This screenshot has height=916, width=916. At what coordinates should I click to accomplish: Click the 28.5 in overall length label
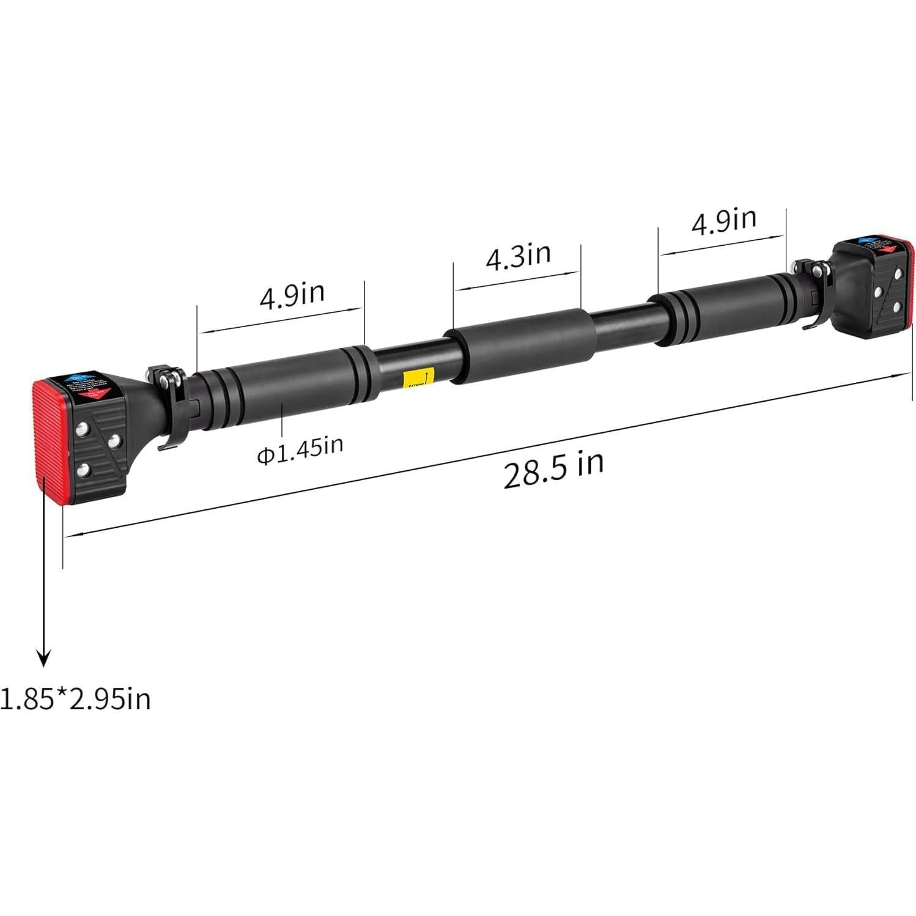[553, 469]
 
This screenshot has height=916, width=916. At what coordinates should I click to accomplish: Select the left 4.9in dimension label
[292, 296]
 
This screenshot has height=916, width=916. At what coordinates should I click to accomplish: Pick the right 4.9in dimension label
[723, 221]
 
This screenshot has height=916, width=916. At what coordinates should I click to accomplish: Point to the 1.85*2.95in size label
[75, 699]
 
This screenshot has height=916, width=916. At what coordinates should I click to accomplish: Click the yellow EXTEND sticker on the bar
[418, 379]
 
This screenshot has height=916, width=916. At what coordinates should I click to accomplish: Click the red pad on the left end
[49, 440]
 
